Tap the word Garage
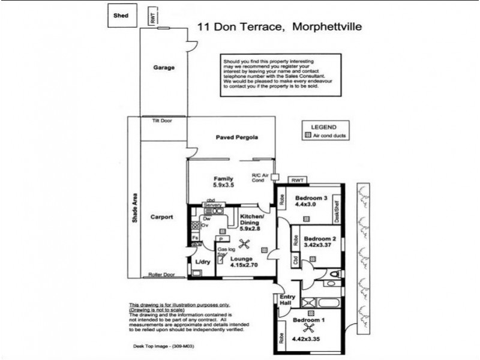click(x=163, y=68)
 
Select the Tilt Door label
click(x=163, y=121)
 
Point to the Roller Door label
click(x=161, y=275)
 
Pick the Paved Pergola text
click(x=237, y=137)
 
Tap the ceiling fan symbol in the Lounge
click(x=244, y=243)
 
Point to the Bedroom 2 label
click(x=320, y=238)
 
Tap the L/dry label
click(x=202, y=262)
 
